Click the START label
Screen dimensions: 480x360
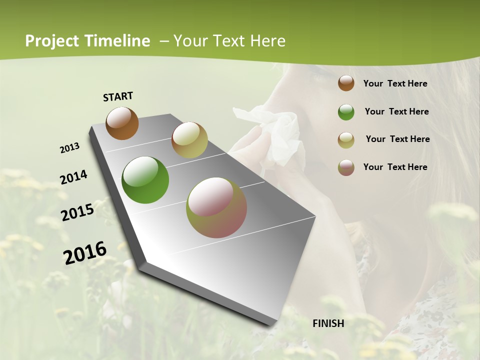tap(118, 96)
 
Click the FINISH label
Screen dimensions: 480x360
tap(328, 323)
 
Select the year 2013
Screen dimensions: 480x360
tap(69, 148)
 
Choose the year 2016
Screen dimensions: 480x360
tap(85, 252)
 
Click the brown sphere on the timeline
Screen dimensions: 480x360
tap(122, 123)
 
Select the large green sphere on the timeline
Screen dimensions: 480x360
tap(145, 180)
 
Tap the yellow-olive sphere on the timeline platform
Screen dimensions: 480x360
tap(189, 140)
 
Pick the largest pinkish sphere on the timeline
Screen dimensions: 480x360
tap(216, 207)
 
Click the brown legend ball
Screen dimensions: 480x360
tap(346, 83)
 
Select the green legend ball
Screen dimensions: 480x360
tap(346, 112)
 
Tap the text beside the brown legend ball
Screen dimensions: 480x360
tap(395, 84)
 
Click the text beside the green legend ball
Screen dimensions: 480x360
tap(396, 111)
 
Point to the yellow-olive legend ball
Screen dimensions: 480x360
tap(346, 140)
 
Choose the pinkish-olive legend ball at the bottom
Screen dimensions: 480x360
tap(346, 167)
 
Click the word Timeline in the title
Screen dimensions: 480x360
tap(117, 41)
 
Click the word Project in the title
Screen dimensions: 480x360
tap(52, 41)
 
